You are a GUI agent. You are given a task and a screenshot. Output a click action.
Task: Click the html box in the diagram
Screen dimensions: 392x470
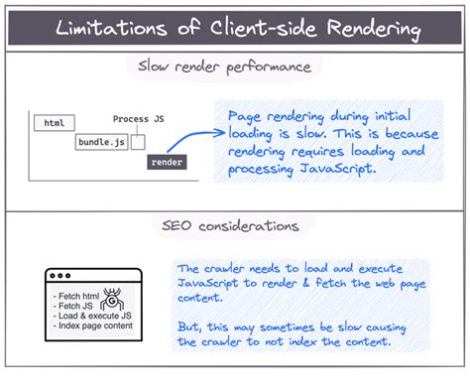point(55,123)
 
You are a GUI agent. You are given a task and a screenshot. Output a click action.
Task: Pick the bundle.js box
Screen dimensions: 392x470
point(101,142)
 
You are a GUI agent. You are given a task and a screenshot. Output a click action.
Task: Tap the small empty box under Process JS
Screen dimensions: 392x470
point(138,142)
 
